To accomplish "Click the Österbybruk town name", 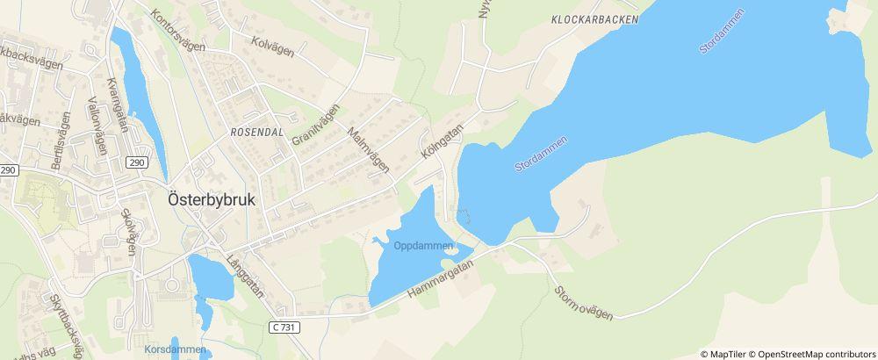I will point(211,199).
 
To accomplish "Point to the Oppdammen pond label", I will point(423,246).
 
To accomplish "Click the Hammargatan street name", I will point(439,277).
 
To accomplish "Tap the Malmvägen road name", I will point(368,150).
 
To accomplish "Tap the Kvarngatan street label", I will point(116,104).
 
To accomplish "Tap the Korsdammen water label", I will point(175,349).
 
